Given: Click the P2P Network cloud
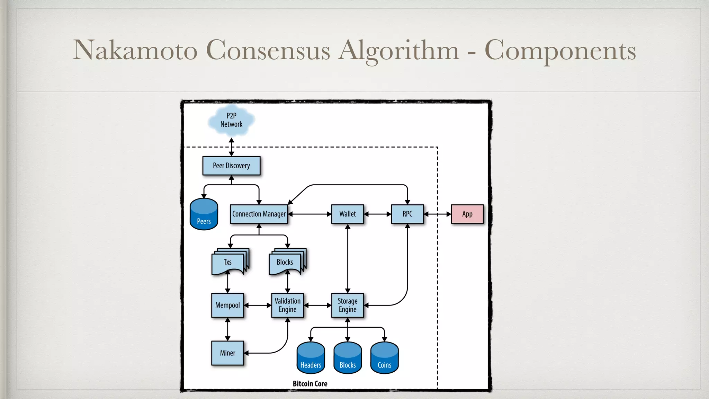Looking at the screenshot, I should coord(231,120).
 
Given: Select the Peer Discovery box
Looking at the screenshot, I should coord(231,166).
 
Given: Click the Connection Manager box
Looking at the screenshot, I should coord(259,214).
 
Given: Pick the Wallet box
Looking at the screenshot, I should coord(348,214).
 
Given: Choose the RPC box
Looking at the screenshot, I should coord(407,214).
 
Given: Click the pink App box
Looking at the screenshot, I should coord(467,214).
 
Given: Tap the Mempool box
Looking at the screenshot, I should coord(227,305).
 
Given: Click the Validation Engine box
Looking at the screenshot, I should coord(288,305).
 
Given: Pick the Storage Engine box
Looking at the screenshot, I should coord(348,305).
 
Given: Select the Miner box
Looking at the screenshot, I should coord(227,353).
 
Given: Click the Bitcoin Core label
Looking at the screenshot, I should coord(310,384).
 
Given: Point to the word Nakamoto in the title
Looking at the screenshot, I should coord(135,51).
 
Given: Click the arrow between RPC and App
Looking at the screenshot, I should coord(437,214).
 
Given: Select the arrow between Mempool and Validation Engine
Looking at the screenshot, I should coord(258,305).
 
